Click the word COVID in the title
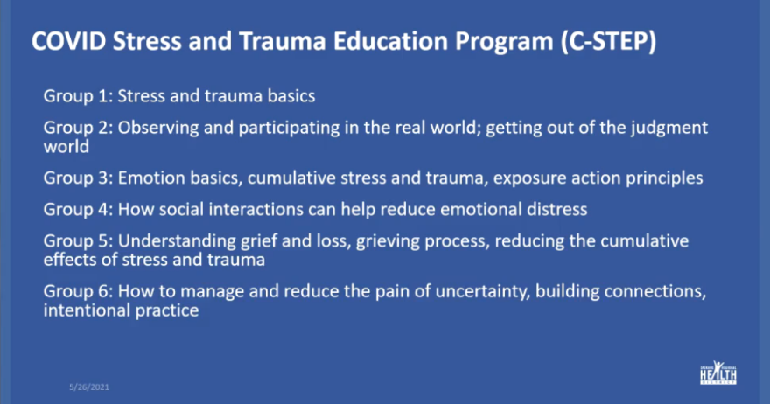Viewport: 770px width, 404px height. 69,41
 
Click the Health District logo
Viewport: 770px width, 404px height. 718,373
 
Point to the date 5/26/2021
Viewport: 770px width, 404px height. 89,387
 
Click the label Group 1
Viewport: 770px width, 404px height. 78,96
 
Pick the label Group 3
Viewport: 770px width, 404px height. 78,178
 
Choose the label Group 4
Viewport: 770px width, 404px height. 78,210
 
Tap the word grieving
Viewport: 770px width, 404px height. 388,241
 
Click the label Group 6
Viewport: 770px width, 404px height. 78,291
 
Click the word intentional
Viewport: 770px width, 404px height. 87,310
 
